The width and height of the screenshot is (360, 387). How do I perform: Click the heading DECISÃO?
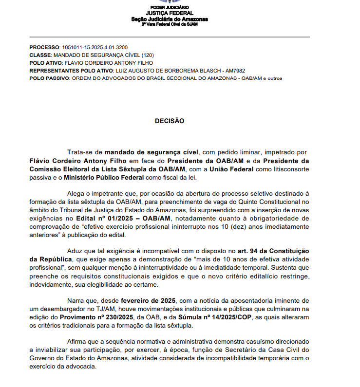(x=170, y=121)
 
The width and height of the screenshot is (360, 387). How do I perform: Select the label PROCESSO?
(x=44, y=47)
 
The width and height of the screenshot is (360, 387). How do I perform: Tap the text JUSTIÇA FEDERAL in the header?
(x=170, y=13)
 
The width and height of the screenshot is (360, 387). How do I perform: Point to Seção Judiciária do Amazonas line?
(x=170, y=19)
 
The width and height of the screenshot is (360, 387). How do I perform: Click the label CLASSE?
(x=40, y=55)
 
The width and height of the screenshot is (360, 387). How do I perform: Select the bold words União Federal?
(x=229, y=169)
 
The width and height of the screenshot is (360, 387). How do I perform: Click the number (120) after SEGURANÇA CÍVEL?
(x=148, y=55)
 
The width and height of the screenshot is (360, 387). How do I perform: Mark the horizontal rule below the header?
(x=170, y=37)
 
